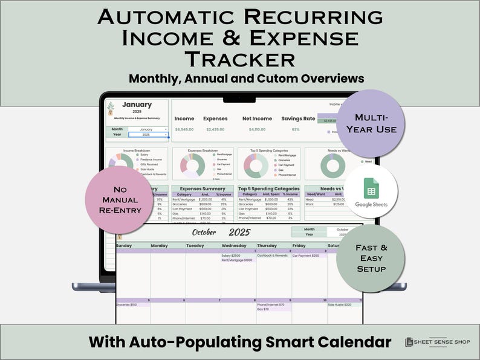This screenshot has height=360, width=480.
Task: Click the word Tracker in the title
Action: (x=240, y=60)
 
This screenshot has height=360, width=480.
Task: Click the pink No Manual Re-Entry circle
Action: (x=118, y=200)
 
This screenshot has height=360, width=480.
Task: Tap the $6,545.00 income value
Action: (x=184, y=129)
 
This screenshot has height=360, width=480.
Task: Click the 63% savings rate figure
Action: (x=296, y=129)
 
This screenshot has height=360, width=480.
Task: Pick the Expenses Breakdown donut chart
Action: (x=192, y=165)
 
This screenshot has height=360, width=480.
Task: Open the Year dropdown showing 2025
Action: (x=148, y=135)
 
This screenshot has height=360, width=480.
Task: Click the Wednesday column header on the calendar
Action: (x=234, y=246)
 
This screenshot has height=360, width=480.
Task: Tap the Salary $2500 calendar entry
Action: (x=232, y=256)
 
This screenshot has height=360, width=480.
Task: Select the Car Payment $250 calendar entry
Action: (x=306, y=256)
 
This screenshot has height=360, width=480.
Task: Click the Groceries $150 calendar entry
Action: (x=127, y=305)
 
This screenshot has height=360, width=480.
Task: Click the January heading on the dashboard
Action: (x=137, y=105)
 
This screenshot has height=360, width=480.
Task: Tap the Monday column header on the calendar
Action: (x=160, y=246)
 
